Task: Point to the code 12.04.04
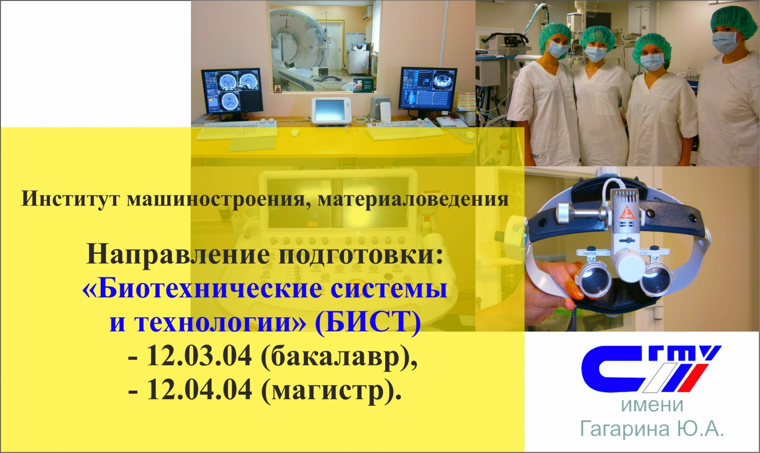pos(199,390)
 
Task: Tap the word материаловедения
pos(413,199)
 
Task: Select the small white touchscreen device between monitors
pos(331,111)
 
